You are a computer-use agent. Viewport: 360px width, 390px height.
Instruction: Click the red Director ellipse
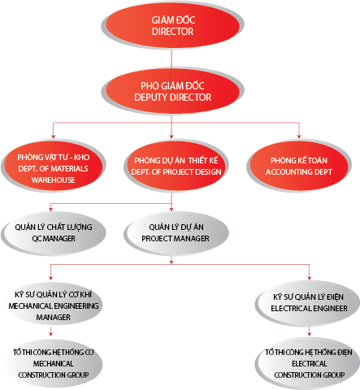click(x=173, y=25)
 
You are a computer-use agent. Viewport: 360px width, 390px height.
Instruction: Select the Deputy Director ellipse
click(x=173, y=91)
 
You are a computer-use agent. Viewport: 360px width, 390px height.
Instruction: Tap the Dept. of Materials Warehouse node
click(x=54, y=166)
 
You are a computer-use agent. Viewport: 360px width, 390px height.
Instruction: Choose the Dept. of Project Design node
click(x=176, y=166)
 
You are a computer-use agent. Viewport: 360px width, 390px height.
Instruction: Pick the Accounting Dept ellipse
click(x=299, y=166)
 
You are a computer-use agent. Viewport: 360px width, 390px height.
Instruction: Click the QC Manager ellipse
click(x=54, y=233)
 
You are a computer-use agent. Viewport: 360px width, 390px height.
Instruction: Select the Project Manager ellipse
click(x=176, y=233)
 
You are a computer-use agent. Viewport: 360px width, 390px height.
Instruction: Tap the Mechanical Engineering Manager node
click(x=54, y=305)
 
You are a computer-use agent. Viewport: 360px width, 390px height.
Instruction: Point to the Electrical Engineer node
click(x=308, y=303)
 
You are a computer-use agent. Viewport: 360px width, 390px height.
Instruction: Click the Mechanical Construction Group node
click(x=54, y=363)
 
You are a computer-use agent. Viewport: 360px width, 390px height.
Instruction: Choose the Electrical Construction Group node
click(x=308, y=363)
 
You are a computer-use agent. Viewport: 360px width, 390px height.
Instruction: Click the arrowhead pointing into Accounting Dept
click(x=299, y=136)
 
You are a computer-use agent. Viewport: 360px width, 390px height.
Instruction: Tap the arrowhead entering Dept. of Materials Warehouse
click(x=53, y=136)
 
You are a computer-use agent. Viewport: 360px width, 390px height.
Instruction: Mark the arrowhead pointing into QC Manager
click(x=50, y=209)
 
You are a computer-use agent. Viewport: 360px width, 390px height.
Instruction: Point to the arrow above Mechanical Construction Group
click(x=50, y=331)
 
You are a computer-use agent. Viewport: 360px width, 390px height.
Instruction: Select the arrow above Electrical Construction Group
click(x=310, y=331)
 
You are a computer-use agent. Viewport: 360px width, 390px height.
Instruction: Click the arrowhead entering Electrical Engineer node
click(x=310, y=278)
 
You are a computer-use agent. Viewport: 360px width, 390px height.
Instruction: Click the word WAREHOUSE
click(x=54, y=180)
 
